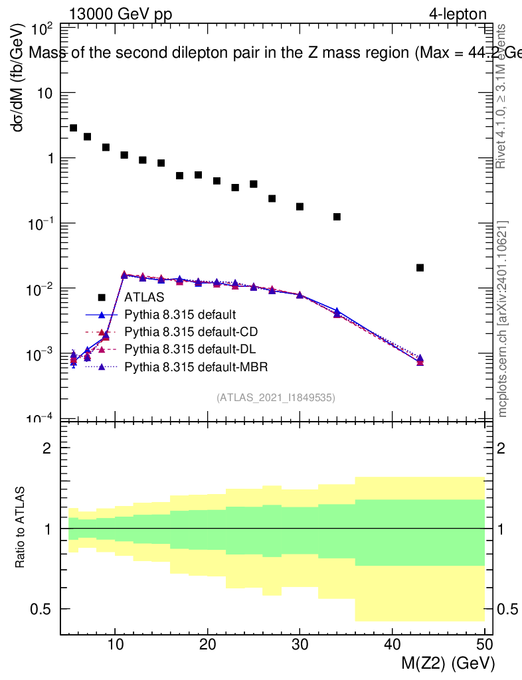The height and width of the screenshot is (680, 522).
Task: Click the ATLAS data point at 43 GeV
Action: (420, 268)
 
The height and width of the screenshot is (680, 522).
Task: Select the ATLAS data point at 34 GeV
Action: (337, 216)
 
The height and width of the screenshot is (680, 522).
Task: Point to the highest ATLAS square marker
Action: (73, 127)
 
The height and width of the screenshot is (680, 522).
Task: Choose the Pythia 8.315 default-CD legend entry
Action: (191, 331)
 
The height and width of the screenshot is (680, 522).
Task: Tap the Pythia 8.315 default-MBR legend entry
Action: (196, 366)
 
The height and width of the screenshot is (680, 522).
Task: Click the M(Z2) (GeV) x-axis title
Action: (449, 663)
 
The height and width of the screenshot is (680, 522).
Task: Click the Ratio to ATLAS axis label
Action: (21, 529)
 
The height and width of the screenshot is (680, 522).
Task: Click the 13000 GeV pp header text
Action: (120, 14)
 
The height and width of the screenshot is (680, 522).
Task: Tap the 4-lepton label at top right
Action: (457, 14)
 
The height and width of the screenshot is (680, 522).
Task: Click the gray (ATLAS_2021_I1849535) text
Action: (276, 398)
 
